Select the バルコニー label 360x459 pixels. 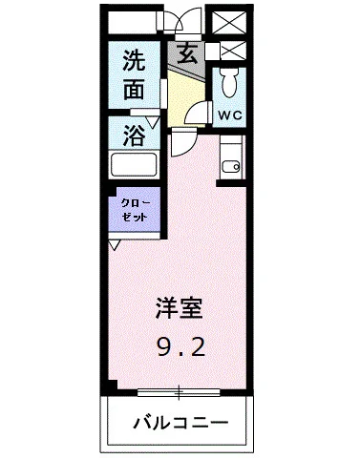pos(180,421)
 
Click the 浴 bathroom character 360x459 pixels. pos(136,135)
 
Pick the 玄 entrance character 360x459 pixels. pos(187,54)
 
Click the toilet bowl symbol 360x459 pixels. pos(229,81)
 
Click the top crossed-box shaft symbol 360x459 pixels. pos(229,22)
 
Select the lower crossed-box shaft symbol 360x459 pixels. pos(229,51)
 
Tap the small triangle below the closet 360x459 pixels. pos(115,245)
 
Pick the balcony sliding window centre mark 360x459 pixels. pos(180,391)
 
